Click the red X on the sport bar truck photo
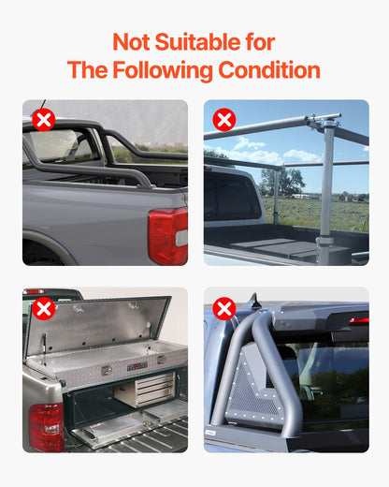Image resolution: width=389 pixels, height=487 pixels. [x=43, y=120]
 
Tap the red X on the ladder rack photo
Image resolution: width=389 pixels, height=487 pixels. [x=223, y=120]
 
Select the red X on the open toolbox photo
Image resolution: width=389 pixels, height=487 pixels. [x=43, y=309]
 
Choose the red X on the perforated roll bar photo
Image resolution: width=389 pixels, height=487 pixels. [x=223, y=309]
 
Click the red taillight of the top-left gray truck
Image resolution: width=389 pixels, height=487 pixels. [x=167, y=235]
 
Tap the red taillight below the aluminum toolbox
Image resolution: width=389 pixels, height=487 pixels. [x=46, y=426]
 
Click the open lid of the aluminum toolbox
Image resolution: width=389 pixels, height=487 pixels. [x=98, y=322]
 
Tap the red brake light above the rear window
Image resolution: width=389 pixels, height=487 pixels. [x=359, y=321]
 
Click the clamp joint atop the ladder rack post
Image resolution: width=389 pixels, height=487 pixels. [x=326, y=123]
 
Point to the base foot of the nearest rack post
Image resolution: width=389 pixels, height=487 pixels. [x=325, y=250]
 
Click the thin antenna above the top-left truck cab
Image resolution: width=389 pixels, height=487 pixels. [x=41, y=105]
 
